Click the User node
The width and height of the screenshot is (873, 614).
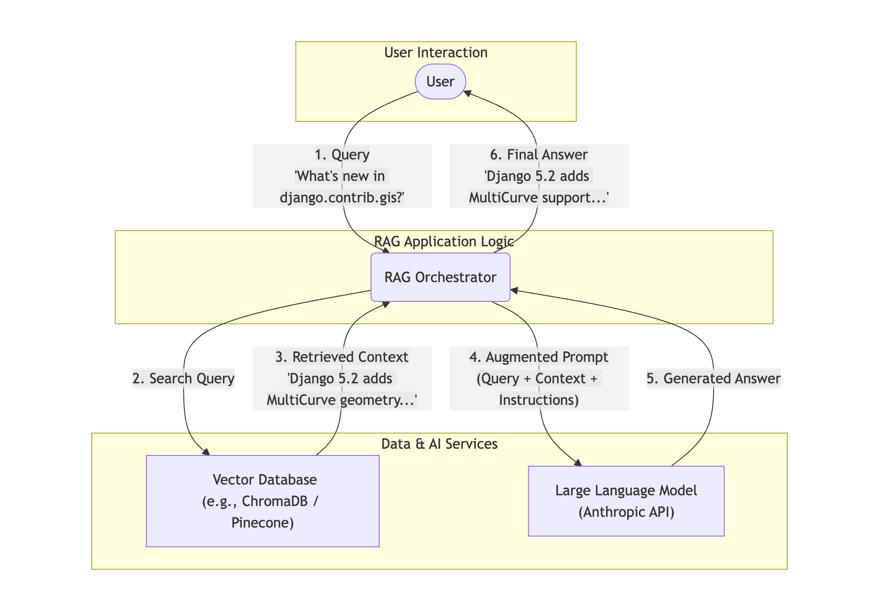441,82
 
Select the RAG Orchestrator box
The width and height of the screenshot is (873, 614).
441,277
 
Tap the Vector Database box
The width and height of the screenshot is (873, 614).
263,501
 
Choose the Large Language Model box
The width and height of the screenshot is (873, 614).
626,501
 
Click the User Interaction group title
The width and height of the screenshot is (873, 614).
436,53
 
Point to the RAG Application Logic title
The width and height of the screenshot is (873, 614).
444,242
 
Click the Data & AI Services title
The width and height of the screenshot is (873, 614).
439,444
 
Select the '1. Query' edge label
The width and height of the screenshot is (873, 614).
342,155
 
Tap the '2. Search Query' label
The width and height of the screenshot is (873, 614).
184,378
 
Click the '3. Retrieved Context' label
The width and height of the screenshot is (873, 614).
342,357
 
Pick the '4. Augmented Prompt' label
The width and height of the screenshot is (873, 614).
539,357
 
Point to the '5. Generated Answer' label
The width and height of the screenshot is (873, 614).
713,378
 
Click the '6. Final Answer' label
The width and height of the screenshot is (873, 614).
539,155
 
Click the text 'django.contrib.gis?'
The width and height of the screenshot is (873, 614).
342,198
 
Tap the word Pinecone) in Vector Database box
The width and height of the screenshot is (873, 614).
263,523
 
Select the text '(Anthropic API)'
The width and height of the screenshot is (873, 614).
626,512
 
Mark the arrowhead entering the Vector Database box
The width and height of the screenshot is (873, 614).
206,452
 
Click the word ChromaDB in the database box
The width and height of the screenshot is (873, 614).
275,501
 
